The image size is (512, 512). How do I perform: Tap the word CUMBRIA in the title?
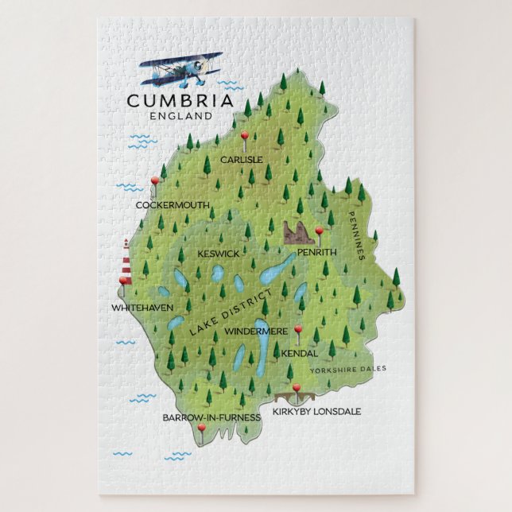[x=180, y=101]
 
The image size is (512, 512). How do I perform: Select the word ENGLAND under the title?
[x=180, y=115]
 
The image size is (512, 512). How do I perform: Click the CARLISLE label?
[x=242, y=159]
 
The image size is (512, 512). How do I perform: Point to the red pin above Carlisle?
[x=246, y=136]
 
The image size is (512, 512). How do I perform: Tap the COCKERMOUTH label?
[x=173, y=205]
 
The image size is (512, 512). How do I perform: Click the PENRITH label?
[x=317, y=252]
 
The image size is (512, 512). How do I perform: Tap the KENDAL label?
[x=300, y=352]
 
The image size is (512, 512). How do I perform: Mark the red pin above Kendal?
[x=298, y=329]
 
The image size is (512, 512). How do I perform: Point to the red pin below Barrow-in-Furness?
[x=201, y=430]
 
